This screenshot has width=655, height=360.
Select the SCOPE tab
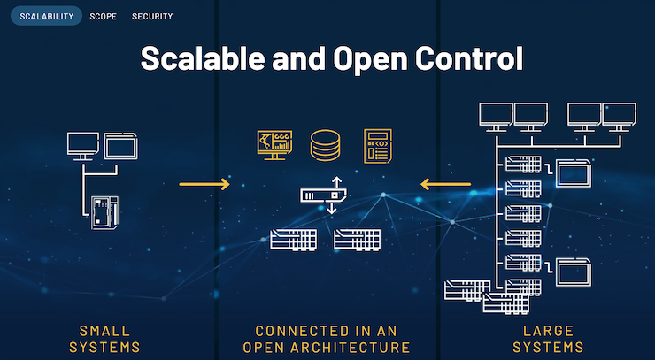click(103, 16)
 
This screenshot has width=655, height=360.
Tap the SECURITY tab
click(152, 16)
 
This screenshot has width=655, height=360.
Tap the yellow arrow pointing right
click(204, 184)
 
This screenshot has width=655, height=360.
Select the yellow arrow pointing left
click(446, 184)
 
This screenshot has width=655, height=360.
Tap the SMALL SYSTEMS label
click(104, 338)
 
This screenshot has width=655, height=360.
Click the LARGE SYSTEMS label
click(548, 338)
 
